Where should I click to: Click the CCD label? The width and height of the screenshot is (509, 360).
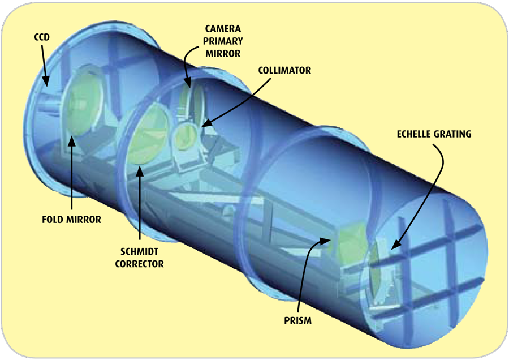coord(42,37)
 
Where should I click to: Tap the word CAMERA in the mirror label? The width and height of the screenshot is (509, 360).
coord(223,29)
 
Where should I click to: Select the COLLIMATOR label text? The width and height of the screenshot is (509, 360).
coord(284,70)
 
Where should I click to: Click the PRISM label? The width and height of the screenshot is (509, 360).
coord(297,320)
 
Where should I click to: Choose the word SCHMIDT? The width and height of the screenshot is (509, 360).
coord(139,251)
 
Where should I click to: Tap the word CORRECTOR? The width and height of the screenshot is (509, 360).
coord(139,264)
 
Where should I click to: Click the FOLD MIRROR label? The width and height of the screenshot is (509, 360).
coord(71,220)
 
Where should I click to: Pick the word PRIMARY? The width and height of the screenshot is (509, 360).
coord(223,41)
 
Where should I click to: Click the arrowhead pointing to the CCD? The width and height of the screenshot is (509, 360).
coord(46,82)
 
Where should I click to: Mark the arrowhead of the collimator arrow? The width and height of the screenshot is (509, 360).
coord(206,123)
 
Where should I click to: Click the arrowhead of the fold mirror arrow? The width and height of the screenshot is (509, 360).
coord(72,141)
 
